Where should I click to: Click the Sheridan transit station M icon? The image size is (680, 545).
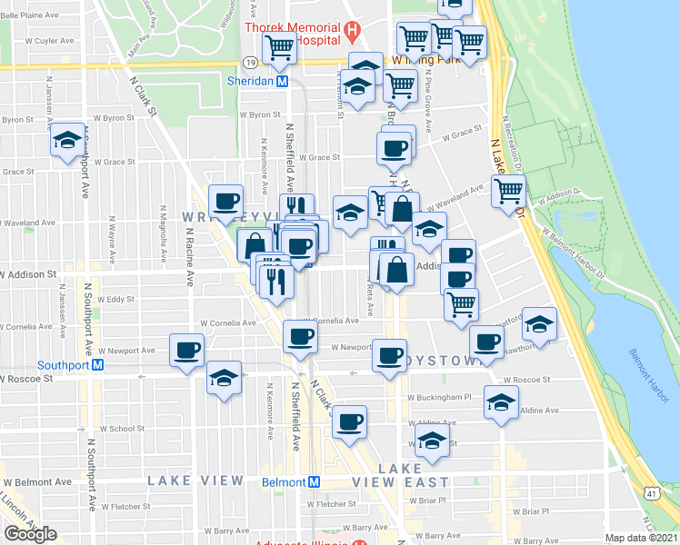point(282,80)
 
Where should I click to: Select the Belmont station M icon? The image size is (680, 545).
point(314,481)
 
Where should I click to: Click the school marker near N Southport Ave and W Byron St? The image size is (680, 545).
point(67,140)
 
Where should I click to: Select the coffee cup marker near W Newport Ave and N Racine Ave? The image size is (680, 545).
point(187,350)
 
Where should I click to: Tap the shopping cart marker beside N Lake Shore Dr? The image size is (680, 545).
point(508,191)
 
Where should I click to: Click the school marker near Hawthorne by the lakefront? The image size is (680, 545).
point(540,323)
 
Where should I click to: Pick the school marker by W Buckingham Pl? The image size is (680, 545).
point(501,401)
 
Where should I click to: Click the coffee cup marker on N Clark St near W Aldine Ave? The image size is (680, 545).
point(349,421)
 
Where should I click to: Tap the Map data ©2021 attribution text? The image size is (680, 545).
point(641,538)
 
